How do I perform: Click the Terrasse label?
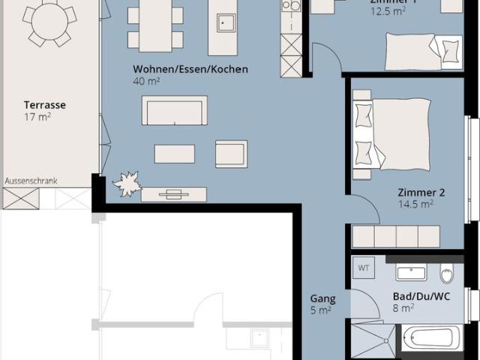[44, 105]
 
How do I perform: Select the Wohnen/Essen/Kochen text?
[190, 69]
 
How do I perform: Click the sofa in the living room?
[174, 112]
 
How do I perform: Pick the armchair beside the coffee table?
[230, 154]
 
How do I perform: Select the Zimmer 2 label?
[421, 192]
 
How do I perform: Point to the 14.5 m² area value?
[416, 204]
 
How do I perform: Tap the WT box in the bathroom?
[364, 268]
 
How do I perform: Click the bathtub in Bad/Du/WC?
[430, 338]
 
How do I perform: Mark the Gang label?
[322, 298]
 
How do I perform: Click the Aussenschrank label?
[31, 181]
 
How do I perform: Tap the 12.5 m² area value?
[388, 11]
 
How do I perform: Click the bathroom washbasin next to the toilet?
[411, 272]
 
